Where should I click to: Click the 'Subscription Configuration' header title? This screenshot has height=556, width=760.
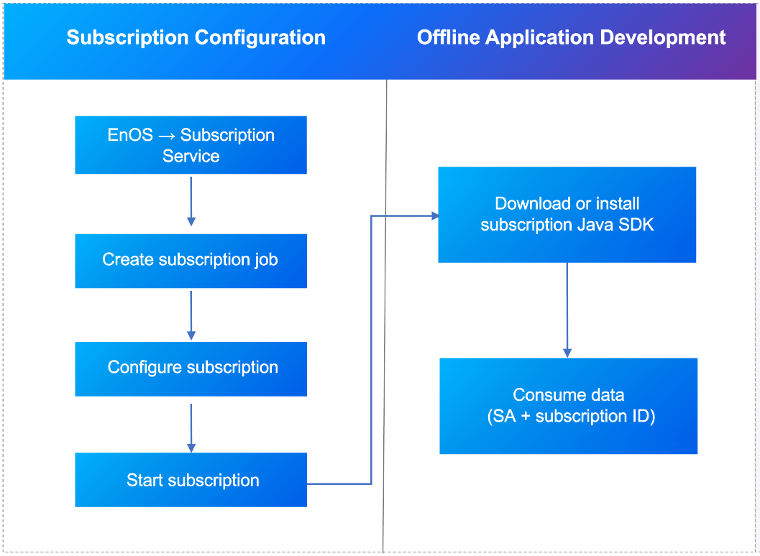(196, 38)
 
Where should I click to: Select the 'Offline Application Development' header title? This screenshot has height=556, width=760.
(571, 38)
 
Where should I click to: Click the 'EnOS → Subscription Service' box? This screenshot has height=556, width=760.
(191, 145)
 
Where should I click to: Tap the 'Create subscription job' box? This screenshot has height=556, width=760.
(191, 260)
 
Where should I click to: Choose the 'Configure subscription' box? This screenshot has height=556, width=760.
(191, 368)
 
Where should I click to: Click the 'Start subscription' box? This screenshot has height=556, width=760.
(191, 480)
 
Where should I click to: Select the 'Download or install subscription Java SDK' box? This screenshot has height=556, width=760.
(567, 214)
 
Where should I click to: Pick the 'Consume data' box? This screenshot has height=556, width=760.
(568, 405)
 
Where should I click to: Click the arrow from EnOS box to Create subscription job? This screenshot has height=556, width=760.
(191, 202)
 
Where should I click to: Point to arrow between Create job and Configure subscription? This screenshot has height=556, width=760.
(191, 315)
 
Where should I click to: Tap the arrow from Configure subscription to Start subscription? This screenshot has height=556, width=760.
(191, 427)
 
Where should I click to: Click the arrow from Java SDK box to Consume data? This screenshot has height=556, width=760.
(567, 309)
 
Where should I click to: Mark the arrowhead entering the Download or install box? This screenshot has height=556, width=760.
(434, 216)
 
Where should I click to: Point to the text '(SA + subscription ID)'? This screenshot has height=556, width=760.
(571, 416)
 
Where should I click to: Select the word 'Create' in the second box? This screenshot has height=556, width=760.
(127, 260)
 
